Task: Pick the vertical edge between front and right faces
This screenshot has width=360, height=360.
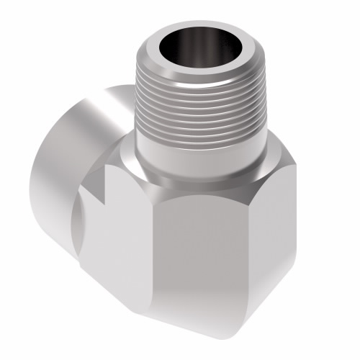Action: pos(267,245)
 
